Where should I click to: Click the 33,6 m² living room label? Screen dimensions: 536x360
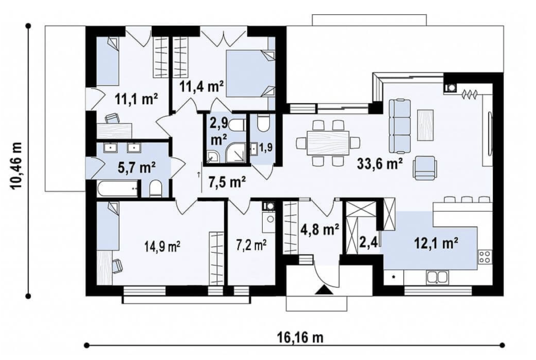(x=380, y=164)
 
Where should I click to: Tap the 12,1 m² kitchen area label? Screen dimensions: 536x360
(x=436, y=244)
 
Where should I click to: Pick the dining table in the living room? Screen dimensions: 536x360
(x=328, y=143)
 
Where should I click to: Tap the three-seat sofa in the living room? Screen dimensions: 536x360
(x=399, y=126)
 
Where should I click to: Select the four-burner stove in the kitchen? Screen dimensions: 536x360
(x=485, y=257)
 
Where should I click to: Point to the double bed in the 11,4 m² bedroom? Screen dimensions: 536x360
(x=250, y=73)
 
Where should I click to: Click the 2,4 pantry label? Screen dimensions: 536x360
(x=368, y=243)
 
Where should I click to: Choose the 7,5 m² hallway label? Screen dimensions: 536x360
(x=227, y=182)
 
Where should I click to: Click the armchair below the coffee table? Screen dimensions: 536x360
(x=425, y=168)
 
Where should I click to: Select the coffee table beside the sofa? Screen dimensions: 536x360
(x=426, y=125)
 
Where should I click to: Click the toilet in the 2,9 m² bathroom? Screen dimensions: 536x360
(x=236, y=125)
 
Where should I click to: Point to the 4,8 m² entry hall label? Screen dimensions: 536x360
(x=320, y=230)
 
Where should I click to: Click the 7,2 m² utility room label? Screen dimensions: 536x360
(x=251, y=245)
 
